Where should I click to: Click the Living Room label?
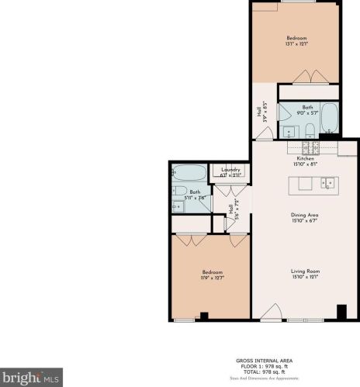305,271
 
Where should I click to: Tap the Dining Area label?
305,215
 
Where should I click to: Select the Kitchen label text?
305,159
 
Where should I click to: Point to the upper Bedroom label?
296,38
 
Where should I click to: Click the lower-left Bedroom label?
213,272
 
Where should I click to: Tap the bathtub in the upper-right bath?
329,119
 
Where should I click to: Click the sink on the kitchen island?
328,184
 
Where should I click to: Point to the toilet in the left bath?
178,191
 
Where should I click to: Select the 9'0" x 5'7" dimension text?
308,113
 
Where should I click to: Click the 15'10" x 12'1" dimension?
305,277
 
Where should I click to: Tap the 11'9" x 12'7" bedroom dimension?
213,278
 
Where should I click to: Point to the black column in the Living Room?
341,312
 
